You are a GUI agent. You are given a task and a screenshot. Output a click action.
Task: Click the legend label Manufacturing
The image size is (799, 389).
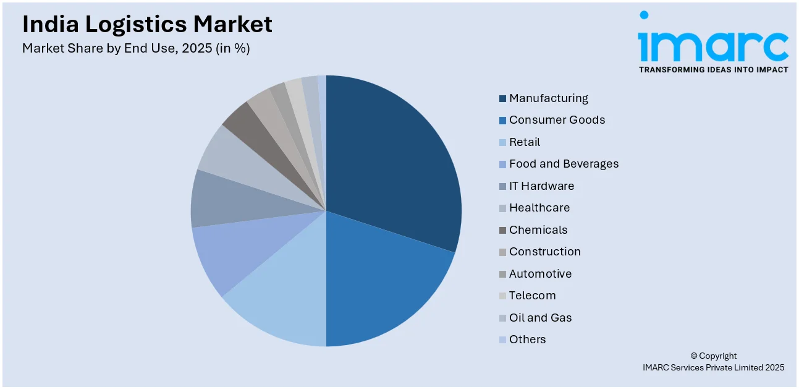pyautogui.click(x=548, y=98)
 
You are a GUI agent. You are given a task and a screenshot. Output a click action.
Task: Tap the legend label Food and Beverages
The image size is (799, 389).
pyautogui.click(x=564, y=164)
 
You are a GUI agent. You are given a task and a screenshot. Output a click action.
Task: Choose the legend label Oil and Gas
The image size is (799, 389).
pyautogui.click(x=540, y=318)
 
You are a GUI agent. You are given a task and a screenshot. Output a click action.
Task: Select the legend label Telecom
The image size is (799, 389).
pyautogui.click(x=532, y=296)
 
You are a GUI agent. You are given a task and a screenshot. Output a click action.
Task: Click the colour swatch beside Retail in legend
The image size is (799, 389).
pyautogui.click(x=503, y=142)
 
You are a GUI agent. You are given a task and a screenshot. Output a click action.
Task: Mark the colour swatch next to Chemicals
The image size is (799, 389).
pyautogui.click(x=503, y=230)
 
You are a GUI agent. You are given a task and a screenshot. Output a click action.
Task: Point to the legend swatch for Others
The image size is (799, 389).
pyautogui.click(x=503, y=340)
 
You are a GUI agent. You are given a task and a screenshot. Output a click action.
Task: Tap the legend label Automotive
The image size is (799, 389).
pyautogui.click(x=540, y=274)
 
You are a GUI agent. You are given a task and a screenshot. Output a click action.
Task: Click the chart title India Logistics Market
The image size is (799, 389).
pyautogui.click(x=147, y=24)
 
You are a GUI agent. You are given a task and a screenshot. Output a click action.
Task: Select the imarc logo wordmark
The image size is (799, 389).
pyautogui.click(x=713, y=43)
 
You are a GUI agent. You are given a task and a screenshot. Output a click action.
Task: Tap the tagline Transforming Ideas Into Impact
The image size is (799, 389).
pyautogui.click(x=713, y=70)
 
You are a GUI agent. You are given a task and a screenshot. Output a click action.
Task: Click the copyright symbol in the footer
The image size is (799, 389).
pyautogui.click(x=694, y=356)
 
